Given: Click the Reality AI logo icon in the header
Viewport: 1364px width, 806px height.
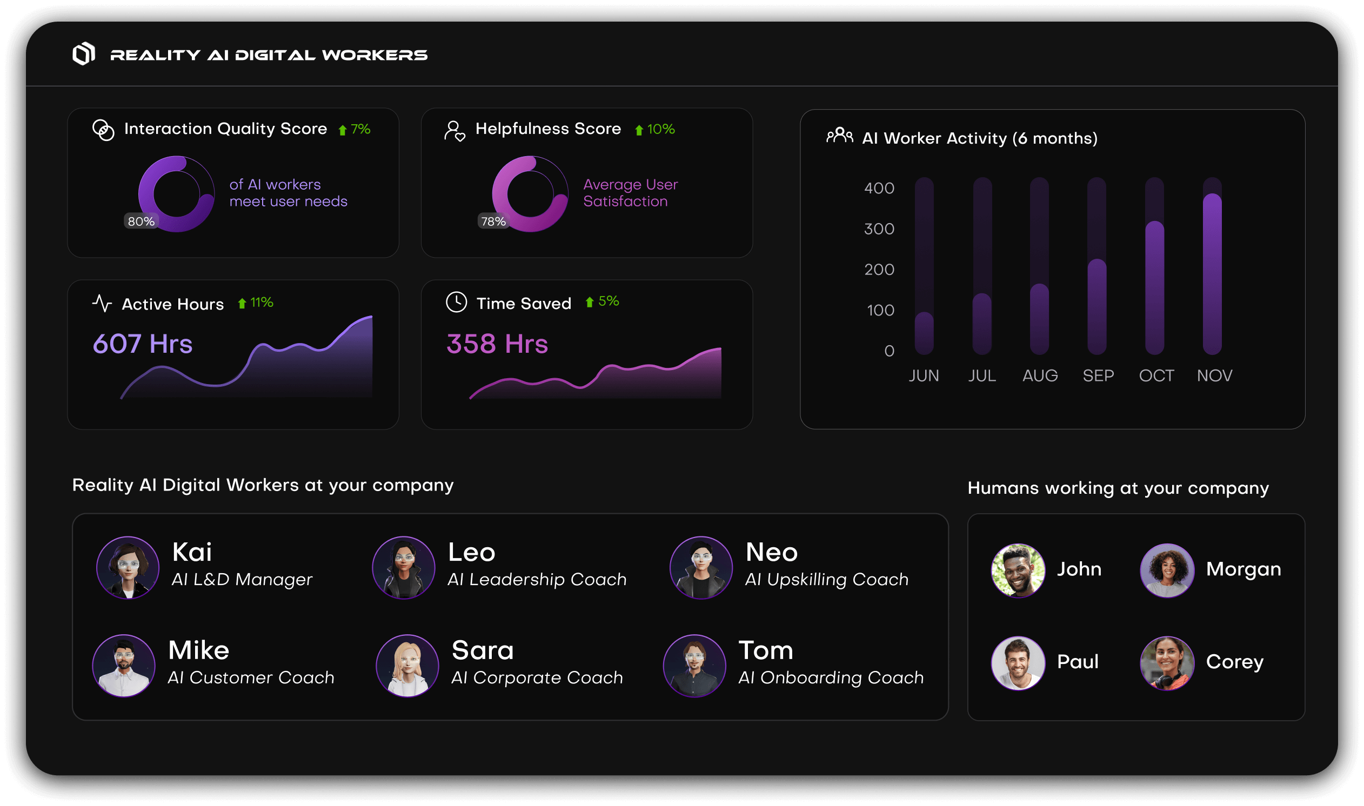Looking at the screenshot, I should [x=84, y=54].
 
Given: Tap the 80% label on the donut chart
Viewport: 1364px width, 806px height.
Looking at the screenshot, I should [x=141, y=221].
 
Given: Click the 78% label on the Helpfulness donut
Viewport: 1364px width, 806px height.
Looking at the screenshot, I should [x=493, y=221].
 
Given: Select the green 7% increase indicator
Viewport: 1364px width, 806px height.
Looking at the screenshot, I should [x=355, y=129].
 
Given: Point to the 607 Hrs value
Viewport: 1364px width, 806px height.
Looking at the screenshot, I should [x=142, y=344].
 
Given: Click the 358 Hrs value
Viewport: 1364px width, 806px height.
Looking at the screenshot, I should [x=497, y=344].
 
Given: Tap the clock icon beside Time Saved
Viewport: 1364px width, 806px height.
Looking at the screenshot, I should [x=456, y=302].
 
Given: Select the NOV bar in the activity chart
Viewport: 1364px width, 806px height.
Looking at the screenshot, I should [x=1212, y=274].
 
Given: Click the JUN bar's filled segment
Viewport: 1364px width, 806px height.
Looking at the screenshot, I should [x=924, y=333].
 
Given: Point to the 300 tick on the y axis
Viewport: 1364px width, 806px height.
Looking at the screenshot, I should [x=879, y=229].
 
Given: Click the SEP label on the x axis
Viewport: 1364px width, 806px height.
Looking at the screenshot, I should [x=1098, y=375].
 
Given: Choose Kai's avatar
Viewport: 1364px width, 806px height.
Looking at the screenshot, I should [x=128, y=568].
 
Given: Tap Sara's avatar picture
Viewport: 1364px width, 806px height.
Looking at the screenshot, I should [x=407, y=666].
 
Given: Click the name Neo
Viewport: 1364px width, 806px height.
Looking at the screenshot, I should [x=771, y=552].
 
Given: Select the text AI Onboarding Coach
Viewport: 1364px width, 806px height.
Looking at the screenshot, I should [x=831, y=677].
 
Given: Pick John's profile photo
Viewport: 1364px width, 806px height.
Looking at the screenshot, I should [x=1018, y=570].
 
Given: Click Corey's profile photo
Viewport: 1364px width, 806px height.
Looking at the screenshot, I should [x=1167, y=663].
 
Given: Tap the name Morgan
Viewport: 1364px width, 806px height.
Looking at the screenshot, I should [x=1243, y=569].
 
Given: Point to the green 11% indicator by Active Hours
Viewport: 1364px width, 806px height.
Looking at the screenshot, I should [x=256, y=303].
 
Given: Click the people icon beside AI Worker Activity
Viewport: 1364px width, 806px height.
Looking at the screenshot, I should [x=839, y=136].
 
